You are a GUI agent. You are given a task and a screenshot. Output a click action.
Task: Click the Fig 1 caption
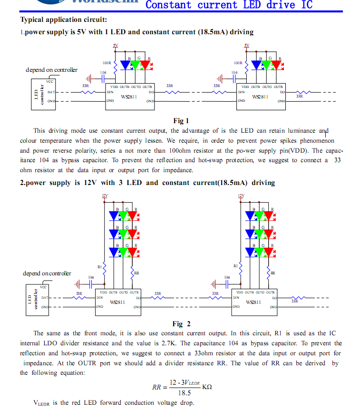181,121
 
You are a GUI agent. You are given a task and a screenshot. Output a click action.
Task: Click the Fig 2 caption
181,324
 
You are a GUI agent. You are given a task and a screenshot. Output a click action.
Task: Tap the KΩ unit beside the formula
207,387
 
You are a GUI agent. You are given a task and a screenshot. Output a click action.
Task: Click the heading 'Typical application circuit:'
63,19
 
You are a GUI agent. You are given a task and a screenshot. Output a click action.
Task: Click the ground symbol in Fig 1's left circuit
89,79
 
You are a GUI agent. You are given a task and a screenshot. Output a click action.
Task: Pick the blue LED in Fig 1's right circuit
257,65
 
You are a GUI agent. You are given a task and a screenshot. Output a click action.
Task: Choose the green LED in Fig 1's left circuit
136,65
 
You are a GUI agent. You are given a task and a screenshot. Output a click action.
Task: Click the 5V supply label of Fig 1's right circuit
246,46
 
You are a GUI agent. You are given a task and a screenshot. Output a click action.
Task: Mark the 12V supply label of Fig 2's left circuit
105,196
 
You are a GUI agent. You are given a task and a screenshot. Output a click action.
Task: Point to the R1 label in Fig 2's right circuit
235,266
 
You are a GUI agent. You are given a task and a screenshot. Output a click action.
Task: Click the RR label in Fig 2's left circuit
136,273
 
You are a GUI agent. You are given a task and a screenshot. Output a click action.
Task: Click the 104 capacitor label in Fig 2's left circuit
91,277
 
